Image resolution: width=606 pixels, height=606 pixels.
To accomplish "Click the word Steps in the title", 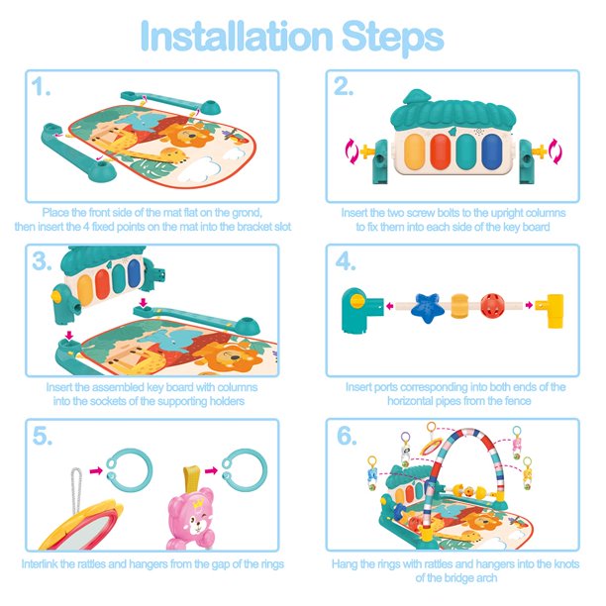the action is pos(393,37).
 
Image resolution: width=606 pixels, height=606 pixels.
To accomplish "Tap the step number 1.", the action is pos(41,86).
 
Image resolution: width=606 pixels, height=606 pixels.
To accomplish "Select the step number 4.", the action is pos(346,261).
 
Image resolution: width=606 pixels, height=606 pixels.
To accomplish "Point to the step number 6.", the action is pos(347,436).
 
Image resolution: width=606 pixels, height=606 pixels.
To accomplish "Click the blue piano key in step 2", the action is pos(491,151).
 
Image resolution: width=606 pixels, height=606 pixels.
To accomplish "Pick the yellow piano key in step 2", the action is pos(414,151).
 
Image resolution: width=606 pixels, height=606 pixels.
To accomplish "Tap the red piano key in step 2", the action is pos(441,151).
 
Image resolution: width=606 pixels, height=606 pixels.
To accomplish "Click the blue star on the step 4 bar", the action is pos(426,307).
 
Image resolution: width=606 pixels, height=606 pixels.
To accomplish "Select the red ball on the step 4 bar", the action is pos(492,305).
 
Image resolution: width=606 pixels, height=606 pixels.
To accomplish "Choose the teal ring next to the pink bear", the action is pos(245,470).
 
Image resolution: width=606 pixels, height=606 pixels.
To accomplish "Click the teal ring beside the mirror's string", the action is pos(130,470).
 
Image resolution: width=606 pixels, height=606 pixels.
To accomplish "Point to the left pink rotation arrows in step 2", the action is pos(353,151).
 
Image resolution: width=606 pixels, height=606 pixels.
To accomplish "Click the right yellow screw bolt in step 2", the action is pos(539,151).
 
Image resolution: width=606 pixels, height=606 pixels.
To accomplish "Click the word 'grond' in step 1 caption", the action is pos(247,213).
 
